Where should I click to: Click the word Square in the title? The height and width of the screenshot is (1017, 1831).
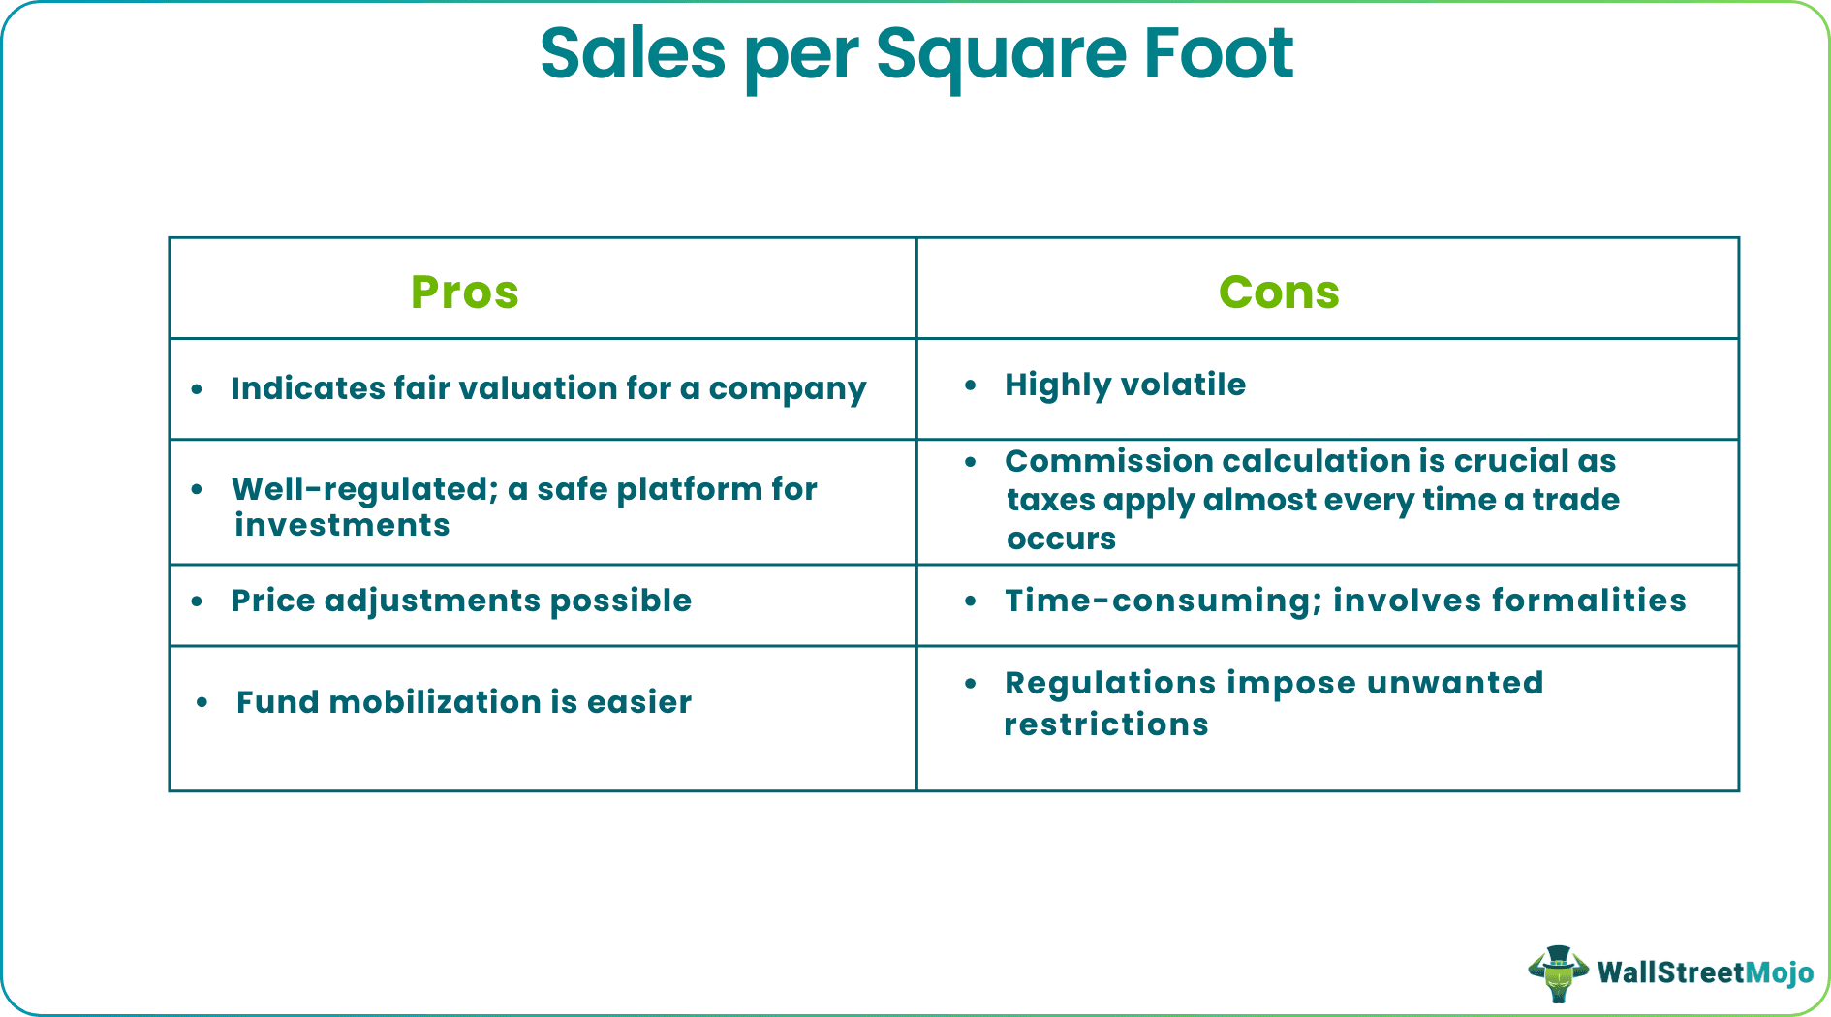point(1001,55)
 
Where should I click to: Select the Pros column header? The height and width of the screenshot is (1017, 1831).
point(465,292)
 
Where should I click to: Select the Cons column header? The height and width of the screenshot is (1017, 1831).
point(1279,292)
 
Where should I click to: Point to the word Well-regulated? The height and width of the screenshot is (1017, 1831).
point(364,489)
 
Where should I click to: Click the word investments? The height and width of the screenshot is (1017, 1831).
point(342,525)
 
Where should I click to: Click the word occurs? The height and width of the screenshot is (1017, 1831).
point(1061,539)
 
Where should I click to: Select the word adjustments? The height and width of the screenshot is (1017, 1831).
point(432,601)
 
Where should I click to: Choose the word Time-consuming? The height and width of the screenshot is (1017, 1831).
point(1163,601)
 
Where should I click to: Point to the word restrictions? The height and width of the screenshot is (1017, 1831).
point(1106,724)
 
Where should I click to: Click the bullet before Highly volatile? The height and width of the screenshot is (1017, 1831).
point(971,385)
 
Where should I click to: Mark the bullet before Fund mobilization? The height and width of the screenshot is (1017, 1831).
point(202,702)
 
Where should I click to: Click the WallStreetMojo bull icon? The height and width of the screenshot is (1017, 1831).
point(1558,972)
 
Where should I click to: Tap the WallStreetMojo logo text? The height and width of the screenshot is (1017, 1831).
point(1705,972)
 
